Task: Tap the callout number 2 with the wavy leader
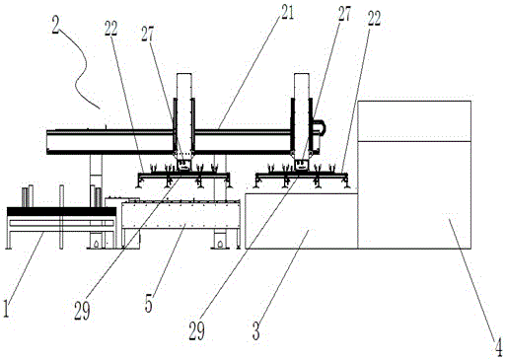click(x=55, y=25)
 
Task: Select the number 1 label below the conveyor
click(x=6, y=309)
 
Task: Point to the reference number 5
click(x=149, y=304)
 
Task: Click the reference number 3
click(x=256, y=330)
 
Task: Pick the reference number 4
click(x=499, y=347)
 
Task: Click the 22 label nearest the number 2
click(x=111, y=29)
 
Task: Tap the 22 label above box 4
click(x=374, y=19)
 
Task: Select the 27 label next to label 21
click(x=344, y=14)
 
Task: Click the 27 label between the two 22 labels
click(x=148, y=34)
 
